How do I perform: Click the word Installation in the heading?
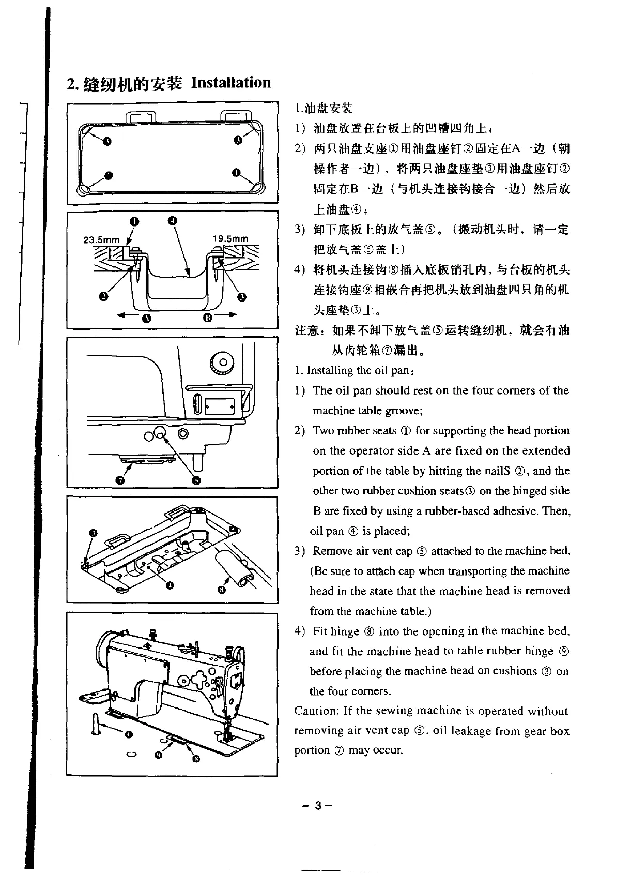[231, 83]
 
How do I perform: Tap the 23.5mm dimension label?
[101, 240]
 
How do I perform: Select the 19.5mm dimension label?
[230, 239]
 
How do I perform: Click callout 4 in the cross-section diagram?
[173, 221]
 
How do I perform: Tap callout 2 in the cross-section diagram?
[103, 296]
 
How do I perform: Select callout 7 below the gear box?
[120, 480]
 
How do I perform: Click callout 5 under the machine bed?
[195, 480]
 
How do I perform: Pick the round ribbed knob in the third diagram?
[223, 362]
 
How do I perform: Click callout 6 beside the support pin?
[129, 734]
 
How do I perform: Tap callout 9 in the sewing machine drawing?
[158, 755]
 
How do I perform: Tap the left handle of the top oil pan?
[137, 115]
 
